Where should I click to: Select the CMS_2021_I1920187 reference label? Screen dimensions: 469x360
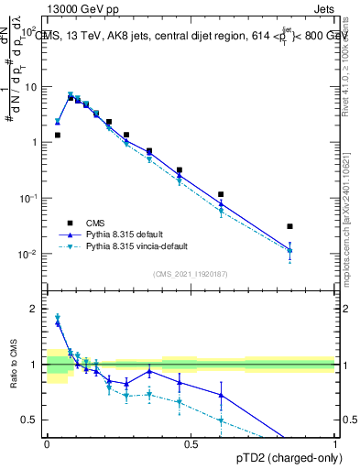pos(190,274)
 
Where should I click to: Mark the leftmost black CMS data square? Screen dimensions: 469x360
pos(57,135)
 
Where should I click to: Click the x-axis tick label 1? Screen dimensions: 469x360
pos(334,445)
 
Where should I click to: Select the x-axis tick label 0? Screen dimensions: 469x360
pos(47,445)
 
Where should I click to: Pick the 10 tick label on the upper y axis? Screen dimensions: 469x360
pos(31,87)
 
